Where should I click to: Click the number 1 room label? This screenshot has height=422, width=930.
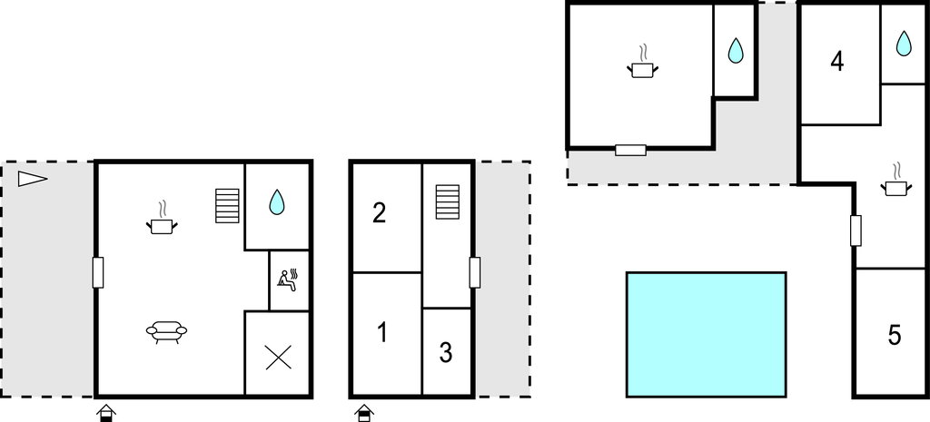[x=382, y=333]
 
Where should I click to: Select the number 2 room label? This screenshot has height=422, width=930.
[x=380, y=213]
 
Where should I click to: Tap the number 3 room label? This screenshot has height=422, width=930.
[x=446, y=353]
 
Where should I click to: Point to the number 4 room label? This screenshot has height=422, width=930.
[x=837, y=62]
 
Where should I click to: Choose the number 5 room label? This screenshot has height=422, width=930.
[x=895, y=336]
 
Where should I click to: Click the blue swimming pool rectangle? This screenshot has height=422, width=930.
[x=706, y=334]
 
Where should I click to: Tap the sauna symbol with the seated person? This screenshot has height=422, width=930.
[x=289, y=280]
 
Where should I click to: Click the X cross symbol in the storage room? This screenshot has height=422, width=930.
[x=278, y=358]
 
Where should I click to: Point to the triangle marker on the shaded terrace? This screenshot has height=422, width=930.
[x=32, y=179]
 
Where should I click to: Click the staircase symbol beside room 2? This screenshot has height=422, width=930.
[x=447, y=202]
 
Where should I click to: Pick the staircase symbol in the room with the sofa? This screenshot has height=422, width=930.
[x=227, y=206]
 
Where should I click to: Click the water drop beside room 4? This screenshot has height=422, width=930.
[x=904, y=43]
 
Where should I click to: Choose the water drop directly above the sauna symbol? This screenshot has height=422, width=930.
[x=277, y=202]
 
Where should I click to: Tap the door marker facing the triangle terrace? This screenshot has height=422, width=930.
[x=98, y=272]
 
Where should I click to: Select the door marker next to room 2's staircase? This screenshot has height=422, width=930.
[x=474, y=272]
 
